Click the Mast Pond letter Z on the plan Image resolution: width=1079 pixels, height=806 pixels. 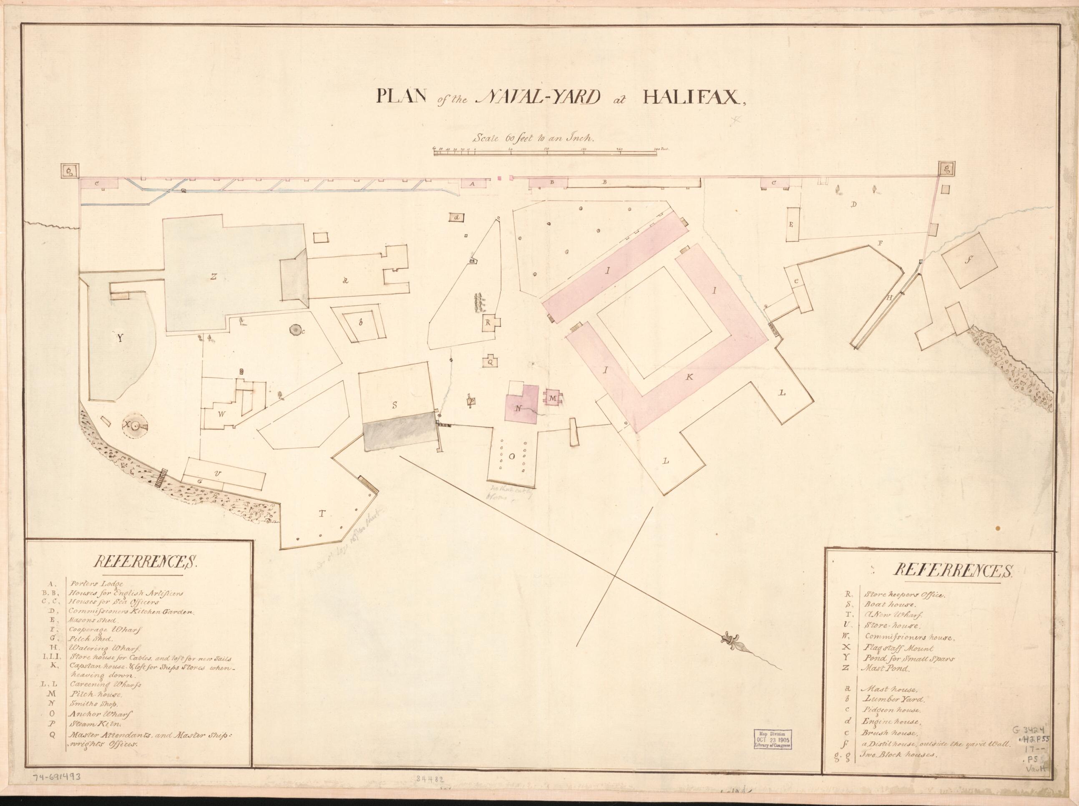click(213, 277)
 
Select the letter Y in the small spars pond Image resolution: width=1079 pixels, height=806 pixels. click(120, 338)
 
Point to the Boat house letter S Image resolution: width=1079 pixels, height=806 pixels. click(394, 405)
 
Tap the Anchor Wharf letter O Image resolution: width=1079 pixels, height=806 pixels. click(512, 457)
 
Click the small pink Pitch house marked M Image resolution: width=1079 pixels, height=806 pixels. click(553, 398)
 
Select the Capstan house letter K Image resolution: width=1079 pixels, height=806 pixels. click(690, 377)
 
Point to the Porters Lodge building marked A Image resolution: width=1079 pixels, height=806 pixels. click(471, 184)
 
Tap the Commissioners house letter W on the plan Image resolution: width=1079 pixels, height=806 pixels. click(222, 414)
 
